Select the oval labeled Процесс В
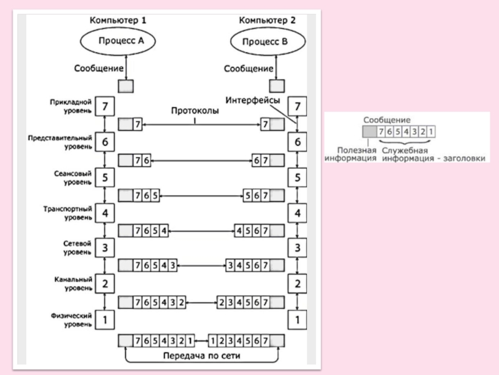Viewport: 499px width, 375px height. (x=268, y=43)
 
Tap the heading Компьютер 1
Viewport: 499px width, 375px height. (x=119, y=20)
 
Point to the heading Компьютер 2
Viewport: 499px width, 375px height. (x=268, y=20)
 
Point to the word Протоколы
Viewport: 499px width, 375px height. (x=194, y=110)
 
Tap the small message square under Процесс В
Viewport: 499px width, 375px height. (x=275, y=85)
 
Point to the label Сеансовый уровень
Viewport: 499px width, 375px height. (x=74, y=177)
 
